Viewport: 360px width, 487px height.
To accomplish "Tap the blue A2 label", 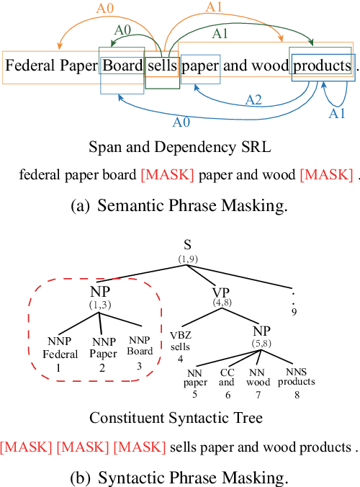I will pos(254,100).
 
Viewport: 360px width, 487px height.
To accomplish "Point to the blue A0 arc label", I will pos(181,122).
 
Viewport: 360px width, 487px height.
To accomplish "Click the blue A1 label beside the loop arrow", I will pos(338,113).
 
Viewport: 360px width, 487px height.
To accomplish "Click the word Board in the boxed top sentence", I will pos(122,67).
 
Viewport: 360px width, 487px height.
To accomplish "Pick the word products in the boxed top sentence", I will pos(322,67).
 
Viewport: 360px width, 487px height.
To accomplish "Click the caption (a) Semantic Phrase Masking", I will pos(179,206).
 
